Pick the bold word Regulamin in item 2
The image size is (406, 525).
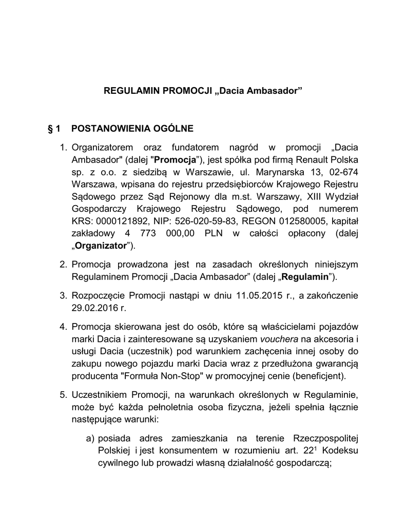[x=306, y=277]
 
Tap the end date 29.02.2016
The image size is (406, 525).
[x=92, y=308]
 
